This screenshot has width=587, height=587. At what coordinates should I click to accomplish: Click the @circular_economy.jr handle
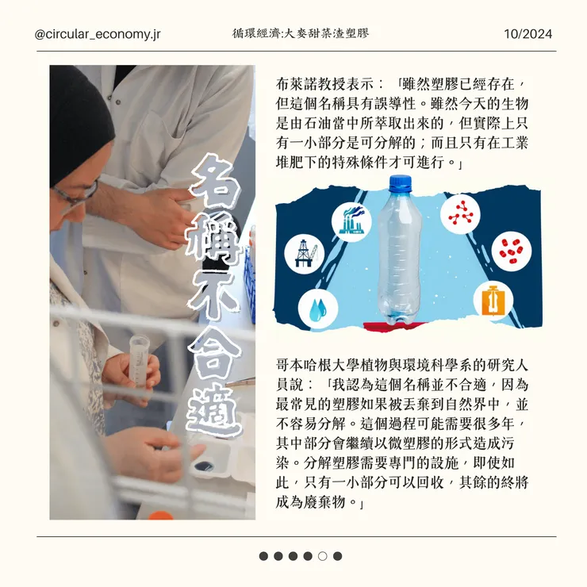pos(98,34)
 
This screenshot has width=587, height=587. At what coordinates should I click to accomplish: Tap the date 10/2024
pos(528,34)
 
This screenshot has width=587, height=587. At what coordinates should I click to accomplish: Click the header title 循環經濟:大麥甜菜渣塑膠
pos(300,33)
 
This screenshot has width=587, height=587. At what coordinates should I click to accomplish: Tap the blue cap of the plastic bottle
pos(400,183)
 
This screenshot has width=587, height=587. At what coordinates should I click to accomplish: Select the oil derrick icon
pos(305,254)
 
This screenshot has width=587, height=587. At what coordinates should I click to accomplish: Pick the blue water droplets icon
pos(318,309)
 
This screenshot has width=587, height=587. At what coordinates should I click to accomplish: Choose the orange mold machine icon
pos(493,300)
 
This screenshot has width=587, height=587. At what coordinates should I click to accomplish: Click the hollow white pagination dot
pos(322,556)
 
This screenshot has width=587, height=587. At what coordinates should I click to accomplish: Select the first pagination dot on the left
pos(263,556)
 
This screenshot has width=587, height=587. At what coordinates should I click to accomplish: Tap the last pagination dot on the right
pos(337,556)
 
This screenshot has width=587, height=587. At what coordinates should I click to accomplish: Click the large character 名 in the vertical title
pos(213,182)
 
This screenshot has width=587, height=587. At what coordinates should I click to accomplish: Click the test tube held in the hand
pos(138,359)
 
